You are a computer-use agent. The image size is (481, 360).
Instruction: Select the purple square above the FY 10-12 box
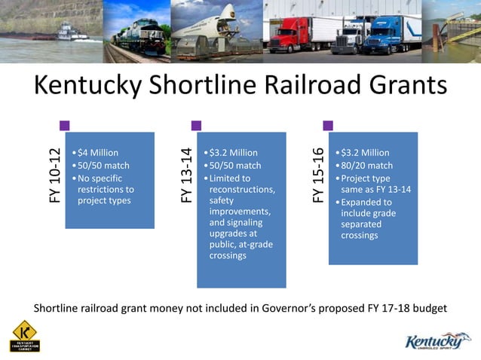64,125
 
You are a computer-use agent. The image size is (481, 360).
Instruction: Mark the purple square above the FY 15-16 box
328,125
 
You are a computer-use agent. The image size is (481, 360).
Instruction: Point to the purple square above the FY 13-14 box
196,125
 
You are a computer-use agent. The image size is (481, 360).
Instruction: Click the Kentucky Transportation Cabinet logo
26,337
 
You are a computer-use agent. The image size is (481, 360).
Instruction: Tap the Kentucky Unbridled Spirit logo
435,340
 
